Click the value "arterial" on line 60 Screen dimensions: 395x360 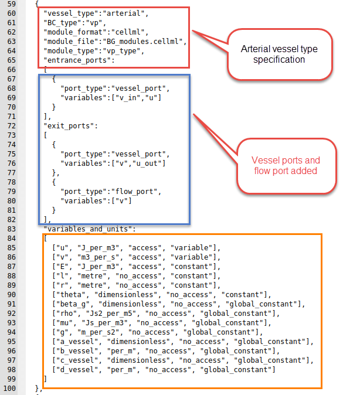(126, 13)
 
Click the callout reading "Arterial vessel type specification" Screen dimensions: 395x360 (281, 55)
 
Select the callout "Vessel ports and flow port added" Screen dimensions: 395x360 (286, 165)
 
